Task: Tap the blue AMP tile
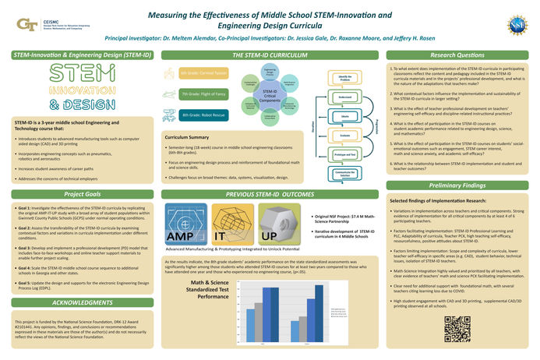[x=185, y=223]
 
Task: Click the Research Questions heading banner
[x=452, y=56]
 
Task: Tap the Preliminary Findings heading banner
[x=452, y=185]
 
